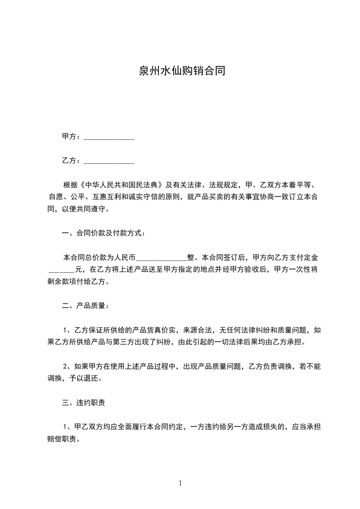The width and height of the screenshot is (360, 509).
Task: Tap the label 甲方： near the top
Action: [x=72, y=137]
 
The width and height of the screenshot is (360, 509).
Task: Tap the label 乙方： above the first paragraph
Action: [x=72, y=161]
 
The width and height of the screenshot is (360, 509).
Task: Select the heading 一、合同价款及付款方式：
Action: [x=104, y=234]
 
